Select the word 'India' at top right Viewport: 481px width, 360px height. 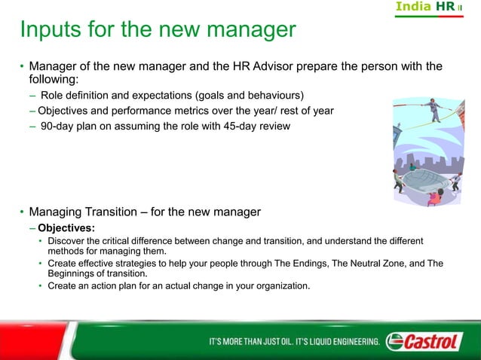[x=414, y=7]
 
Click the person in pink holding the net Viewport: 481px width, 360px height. [x=434, y=198]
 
